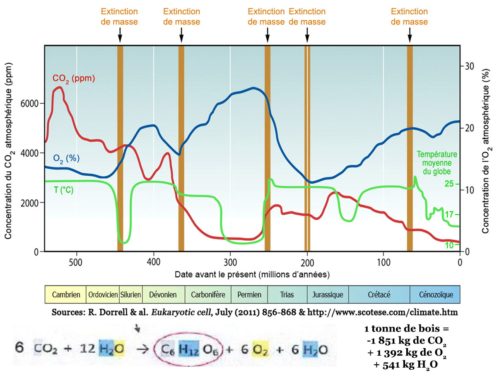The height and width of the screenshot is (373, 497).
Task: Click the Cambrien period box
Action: [65, 295]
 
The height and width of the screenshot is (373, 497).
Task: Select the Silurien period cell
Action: [131, 295]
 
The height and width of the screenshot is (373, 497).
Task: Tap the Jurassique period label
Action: [328, 295]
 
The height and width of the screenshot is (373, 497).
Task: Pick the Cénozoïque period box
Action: [434, 295]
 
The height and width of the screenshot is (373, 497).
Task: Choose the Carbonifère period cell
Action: [208, 295]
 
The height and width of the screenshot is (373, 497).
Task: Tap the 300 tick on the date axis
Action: [230, 262]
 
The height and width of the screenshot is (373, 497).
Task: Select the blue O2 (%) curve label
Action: [66, 158]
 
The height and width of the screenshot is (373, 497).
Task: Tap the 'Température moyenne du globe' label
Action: [437, 162]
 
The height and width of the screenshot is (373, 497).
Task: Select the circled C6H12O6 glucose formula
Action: [188, 349]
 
